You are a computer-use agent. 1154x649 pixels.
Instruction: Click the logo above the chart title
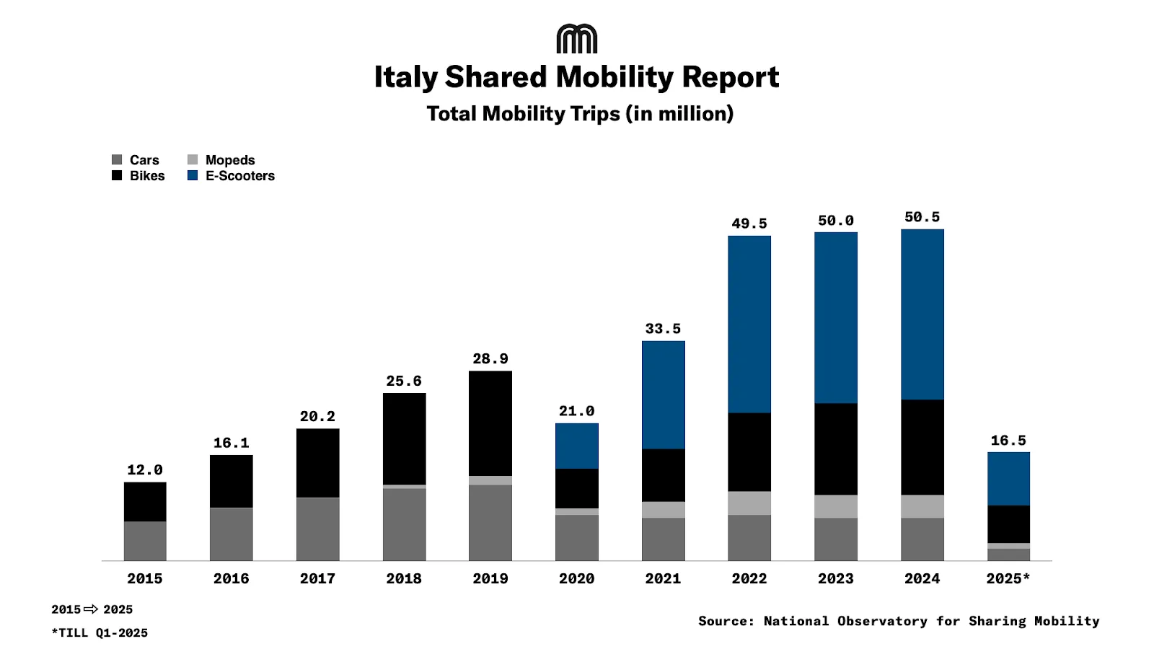(577, 39)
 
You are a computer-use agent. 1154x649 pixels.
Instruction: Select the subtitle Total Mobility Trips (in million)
(580, 114)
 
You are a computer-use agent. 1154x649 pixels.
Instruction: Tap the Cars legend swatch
(117, 159)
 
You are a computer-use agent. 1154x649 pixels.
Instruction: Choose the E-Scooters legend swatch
(193, 175)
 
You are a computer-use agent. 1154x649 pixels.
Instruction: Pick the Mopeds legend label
(230, 160)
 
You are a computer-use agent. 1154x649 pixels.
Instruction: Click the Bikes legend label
(147, 176)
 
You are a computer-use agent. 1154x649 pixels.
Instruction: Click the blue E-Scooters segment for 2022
(749, 324)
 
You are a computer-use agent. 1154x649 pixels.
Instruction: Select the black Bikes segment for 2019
(490, 423)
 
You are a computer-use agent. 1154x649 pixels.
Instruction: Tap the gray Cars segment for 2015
(145, 541)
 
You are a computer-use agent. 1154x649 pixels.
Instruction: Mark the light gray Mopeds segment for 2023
(836, 506)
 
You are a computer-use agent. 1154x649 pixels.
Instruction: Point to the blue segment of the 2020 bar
(577, 446)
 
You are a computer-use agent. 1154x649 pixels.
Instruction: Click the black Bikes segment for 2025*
(1008, 524)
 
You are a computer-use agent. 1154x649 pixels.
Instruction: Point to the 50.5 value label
(922, 217)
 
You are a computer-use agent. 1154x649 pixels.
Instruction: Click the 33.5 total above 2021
(663, 329)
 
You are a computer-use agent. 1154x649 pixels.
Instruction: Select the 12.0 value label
(145, 470)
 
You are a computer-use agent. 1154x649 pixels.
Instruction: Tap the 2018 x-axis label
(404, 578)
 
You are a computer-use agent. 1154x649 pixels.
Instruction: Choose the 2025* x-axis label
(1008, 578)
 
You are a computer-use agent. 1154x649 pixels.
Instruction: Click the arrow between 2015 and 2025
(91, 609)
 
